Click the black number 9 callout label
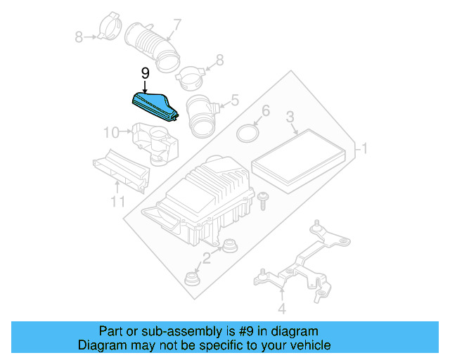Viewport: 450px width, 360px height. point(145,73)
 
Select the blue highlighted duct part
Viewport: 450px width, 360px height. point(157,107)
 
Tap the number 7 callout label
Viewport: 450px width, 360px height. point(177,25)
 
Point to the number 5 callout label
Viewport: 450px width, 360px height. point(234,101)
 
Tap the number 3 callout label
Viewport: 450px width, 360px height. point(289,117)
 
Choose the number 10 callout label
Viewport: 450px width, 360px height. point(112,131)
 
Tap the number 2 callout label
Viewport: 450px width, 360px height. point(207,259)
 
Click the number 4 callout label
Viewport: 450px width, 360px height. point(281,308)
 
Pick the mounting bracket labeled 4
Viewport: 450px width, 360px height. point(302,264)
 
